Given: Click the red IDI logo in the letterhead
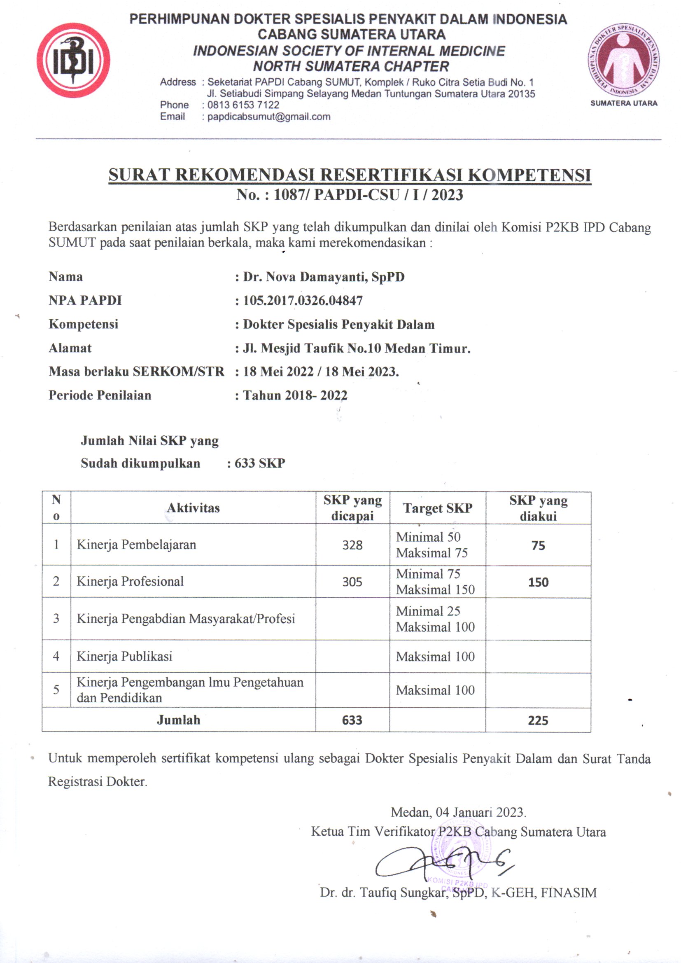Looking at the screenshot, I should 73,61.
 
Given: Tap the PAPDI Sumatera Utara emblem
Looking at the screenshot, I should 623,60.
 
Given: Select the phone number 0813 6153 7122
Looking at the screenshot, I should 243,105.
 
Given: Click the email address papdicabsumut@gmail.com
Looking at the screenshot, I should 269,117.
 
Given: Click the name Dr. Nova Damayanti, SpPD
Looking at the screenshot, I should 324,277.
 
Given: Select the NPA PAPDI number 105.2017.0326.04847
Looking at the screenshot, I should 303,300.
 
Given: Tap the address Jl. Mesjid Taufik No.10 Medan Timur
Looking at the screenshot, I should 357,348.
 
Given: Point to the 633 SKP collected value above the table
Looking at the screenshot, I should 259,463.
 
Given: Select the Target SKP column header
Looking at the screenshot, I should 437,508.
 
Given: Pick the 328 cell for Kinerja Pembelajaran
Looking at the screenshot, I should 352,545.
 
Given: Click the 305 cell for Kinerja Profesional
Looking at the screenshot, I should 352,582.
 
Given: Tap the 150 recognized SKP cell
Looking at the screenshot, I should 538,582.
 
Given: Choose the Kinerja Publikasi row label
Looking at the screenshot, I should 124,657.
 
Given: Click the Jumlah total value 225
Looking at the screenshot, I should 538,720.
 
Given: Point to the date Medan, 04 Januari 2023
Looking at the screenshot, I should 458,812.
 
